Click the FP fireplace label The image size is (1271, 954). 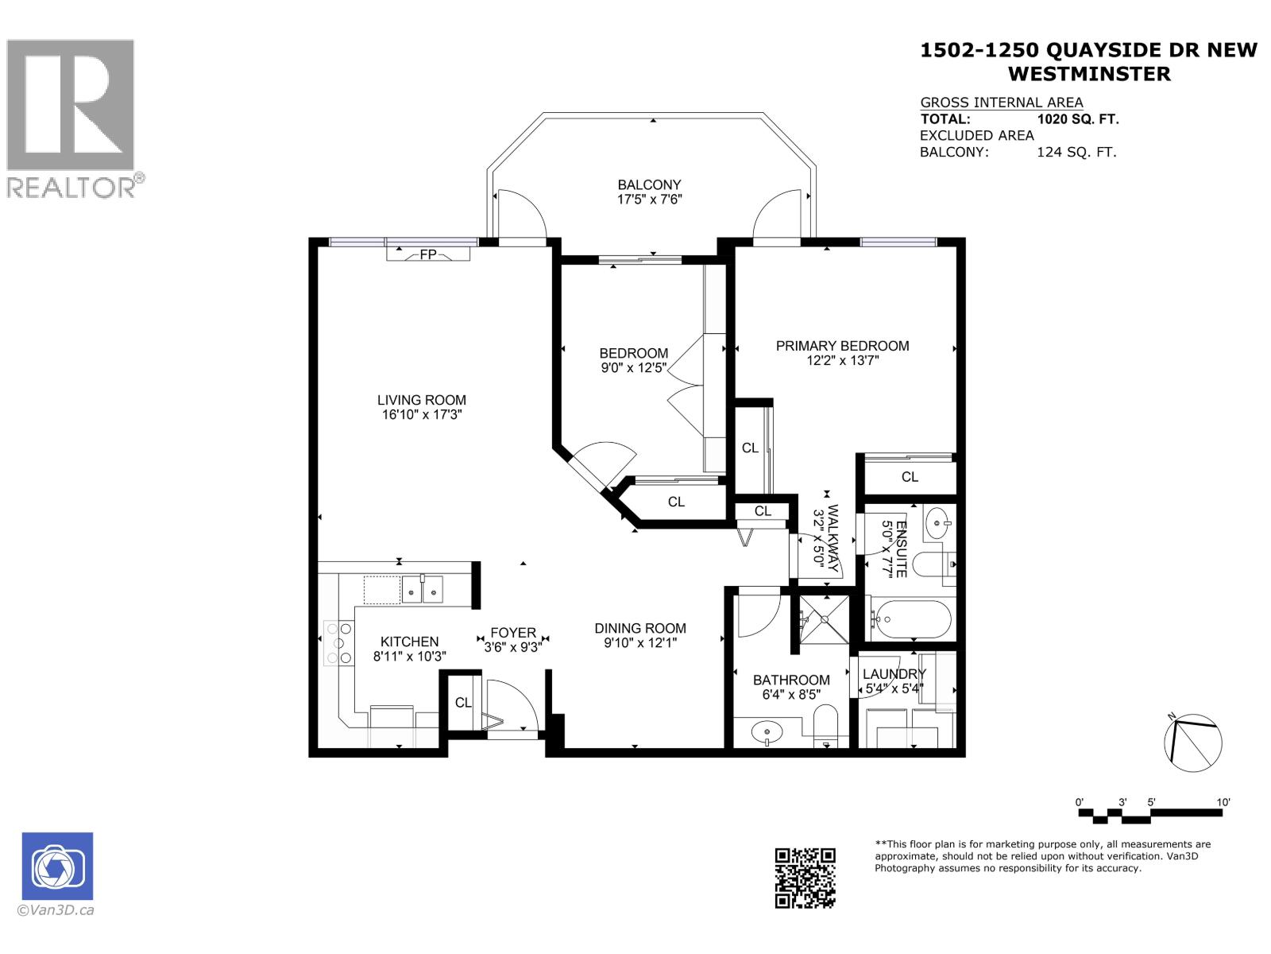pyautogui.click(x=428, y=254)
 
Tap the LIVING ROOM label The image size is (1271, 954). pyautogui.click(x=421, y=400)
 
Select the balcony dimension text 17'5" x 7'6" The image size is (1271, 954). pyautogui.click(x=650, y=200)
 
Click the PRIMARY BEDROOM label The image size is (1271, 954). pyautogui.click(x=842, y=346)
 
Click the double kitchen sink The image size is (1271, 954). pyautogui.click(x=422, y=590)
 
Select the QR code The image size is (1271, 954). pyautogui.click(x=805, y=878)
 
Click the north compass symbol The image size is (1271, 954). pyautogui.click(x=1192, y=743)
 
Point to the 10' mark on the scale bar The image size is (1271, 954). pyautogui.click(x=1223, y=803)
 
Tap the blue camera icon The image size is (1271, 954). pyautogui.click(x=57, y=866)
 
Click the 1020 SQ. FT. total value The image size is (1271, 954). pyautogui.click(x=1077, y=119)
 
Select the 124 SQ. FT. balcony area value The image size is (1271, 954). pyautogui.click(x=1076, y=152)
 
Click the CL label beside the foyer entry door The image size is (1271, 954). pyautogui.click(x=463, y=703)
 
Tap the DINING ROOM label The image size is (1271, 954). pyautogui.click(x=640, y=628)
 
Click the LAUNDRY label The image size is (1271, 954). pyautogui.click(x=894, y=674)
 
